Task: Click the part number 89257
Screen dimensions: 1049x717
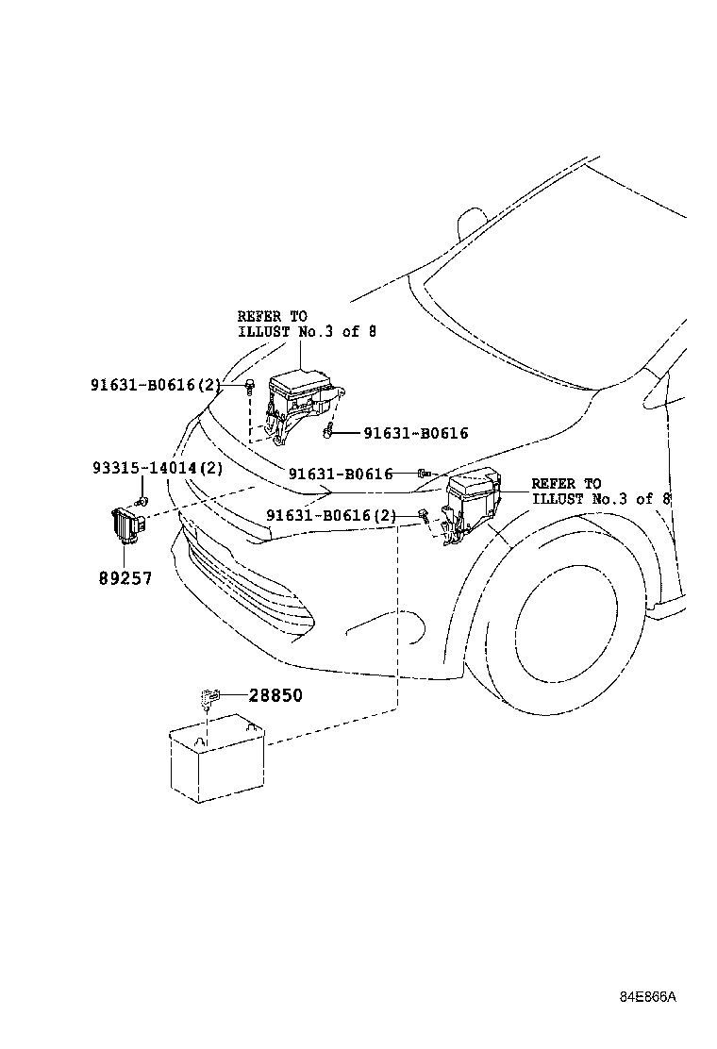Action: [x=125, y=576]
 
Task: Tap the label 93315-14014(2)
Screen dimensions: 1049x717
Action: [x=158, y=468]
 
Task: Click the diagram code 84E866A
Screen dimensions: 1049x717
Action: [x=648, y=997]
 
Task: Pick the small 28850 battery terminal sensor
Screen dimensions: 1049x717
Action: [x=209, y=699]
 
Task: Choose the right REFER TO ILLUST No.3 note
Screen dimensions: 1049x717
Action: [x=599, y=491]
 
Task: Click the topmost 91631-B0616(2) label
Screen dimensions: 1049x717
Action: [x=156, y=384]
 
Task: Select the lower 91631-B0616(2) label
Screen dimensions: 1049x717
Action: [x=331, y=515]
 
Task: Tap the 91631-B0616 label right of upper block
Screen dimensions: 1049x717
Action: [x=415, y=434]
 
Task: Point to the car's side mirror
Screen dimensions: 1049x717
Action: [x=469, y=224]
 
